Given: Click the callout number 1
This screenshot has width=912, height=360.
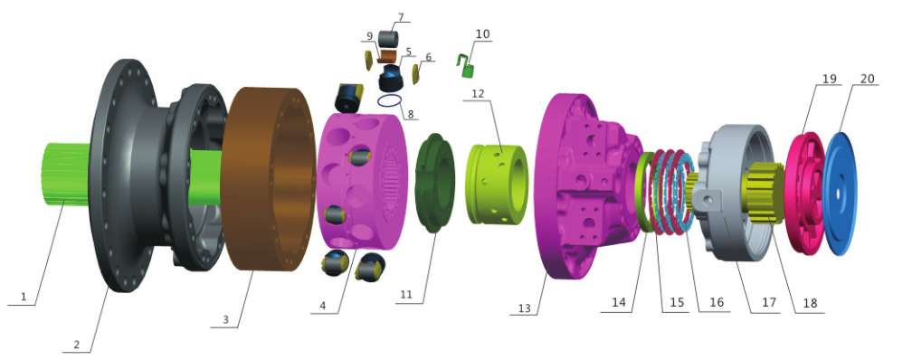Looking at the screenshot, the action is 24,297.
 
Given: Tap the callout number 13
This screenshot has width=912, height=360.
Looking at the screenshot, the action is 524,308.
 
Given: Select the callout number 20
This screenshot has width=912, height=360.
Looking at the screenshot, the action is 867,79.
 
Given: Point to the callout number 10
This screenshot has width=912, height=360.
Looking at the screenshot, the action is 483,33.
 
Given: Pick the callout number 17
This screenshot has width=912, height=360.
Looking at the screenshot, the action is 769,302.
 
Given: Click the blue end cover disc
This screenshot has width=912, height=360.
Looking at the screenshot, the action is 840,194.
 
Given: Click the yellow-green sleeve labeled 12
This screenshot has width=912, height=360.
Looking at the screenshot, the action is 498,184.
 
